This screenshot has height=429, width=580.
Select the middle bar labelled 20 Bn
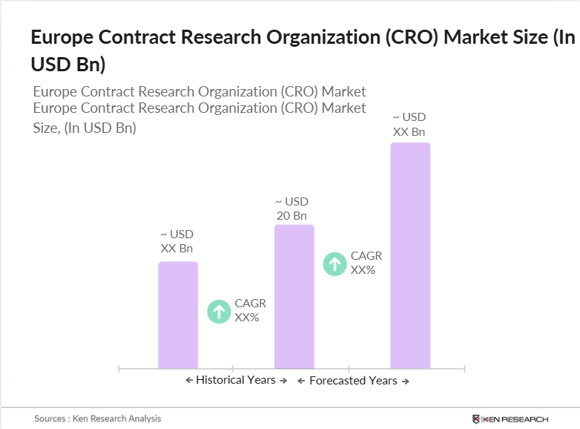[x=294, y=296]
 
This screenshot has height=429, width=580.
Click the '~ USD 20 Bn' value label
[x=291, y=209]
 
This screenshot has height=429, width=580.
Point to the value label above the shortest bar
[x=177, y=241]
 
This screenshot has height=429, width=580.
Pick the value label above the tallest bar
[x=409, y=125]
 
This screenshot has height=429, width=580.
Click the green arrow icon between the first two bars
[x=219, y=311]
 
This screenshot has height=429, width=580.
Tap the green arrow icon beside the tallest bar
[x=335, y=263]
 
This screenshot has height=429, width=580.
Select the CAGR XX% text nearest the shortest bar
[x=250, y=310]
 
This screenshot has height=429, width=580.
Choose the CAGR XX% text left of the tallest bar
[x=366, y=263]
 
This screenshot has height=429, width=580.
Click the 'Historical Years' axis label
[x=236, y=380]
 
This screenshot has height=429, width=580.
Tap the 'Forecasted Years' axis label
[x=353, y=381]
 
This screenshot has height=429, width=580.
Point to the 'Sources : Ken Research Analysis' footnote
[x=97, y=419]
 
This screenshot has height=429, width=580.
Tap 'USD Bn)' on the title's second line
[x=67, y=65]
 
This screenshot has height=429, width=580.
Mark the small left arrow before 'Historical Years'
[x=189, y=380]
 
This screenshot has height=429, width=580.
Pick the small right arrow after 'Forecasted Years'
[x=405, y=381]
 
